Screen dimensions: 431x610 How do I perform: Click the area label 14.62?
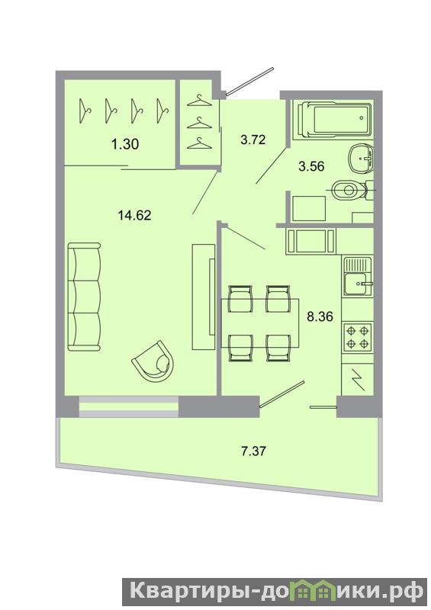pos(134,215)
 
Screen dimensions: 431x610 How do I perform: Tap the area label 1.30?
pos(125,144)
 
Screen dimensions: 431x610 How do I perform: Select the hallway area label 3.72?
pos(253,140)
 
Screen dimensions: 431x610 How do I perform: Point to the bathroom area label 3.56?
pos(311,166)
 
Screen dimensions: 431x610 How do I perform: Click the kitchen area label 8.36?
pos(320,316)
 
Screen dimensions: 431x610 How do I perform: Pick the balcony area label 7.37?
pos(253,451)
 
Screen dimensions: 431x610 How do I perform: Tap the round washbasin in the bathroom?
pos(362,159)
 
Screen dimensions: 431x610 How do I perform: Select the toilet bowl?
pos(349,190)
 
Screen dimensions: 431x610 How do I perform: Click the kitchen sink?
pos(358,277)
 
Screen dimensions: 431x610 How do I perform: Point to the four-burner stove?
pos(358,337)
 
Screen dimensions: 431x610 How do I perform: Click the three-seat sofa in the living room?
pos(84,297)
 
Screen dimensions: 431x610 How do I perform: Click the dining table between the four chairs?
pos(260,323)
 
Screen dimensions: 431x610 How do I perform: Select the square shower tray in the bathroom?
pos(309,209)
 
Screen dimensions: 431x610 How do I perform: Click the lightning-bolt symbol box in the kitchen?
pos(358,380)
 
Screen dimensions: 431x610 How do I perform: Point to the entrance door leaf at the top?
pos(250,81)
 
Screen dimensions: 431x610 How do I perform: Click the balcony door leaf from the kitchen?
pos(282,393)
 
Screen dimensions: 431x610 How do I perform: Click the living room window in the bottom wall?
pos(129,406)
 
